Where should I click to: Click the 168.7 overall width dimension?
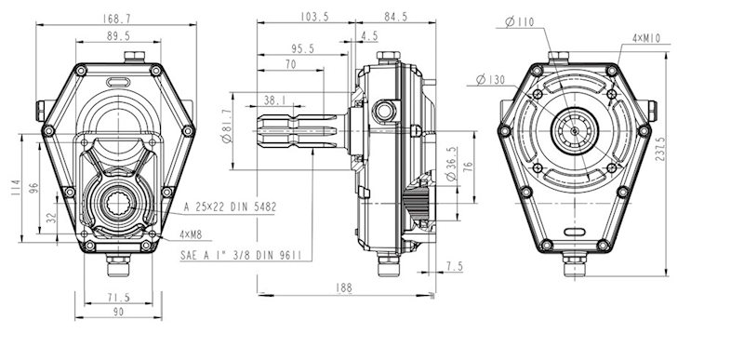click(x=116, y=19)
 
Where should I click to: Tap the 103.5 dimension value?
click(x=314, y=17)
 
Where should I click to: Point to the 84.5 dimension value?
click(x=396, y=17)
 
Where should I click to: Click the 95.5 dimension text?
click(x=304, y=48)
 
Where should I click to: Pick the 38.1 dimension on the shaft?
click(x=274, y=100)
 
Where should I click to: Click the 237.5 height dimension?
click(x=659, y=150)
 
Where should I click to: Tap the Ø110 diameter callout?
click(x=520, y=21)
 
